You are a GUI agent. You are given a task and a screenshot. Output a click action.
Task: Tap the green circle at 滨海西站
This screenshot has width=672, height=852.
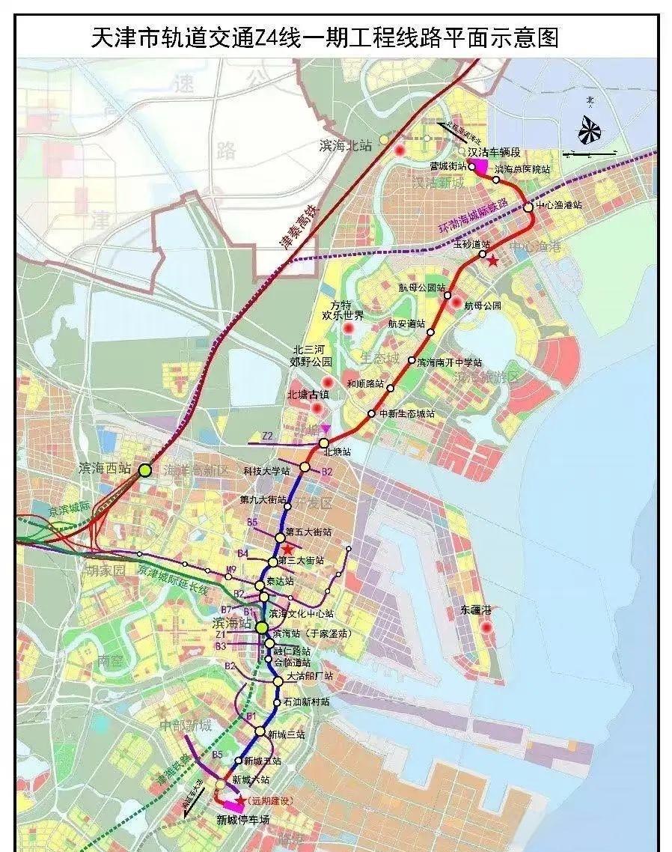pos(144,470)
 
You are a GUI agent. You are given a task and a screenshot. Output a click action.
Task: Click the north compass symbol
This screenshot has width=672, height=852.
pos(590,132)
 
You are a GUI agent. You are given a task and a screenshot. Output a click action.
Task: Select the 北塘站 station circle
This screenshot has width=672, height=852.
pos(324,443)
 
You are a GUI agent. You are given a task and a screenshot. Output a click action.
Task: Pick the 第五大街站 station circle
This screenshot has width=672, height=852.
pos(281,538)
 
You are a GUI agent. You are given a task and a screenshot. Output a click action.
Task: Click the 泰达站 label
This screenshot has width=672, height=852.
pos(279,581)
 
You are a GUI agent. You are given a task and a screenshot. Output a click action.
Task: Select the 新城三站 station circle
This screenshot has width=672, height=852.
pos(259,731)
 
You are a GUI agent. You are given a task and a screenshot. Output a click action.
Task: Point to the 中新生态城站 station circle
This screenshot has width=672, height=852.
pos(371,414)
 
